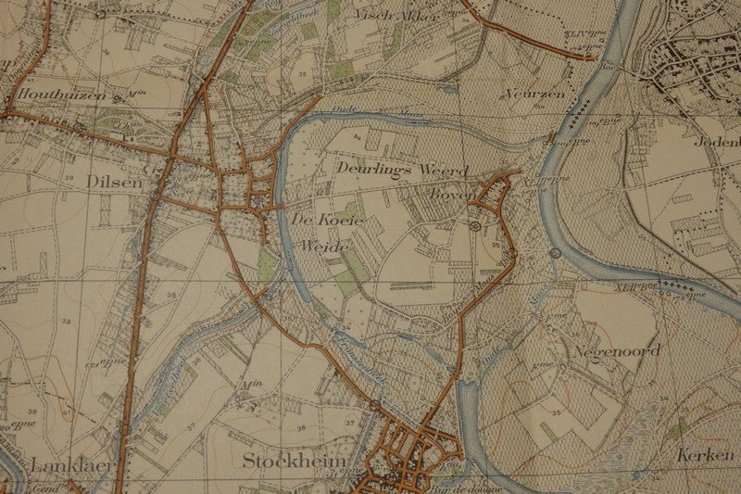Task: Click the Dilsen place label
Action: tap(119, 183)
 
